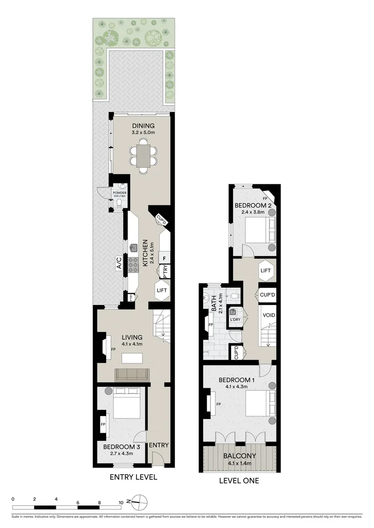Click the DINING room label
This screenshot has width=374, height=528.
pos(143,126)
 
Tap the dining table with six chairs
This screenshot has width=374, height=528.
pos(143,156)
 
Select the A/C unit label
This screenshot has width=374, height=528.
pos(119,263)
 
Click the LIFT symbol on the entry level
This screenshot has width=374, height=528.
pos(162,290)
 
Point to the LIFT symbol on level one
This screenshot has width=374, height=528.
pos(265,270)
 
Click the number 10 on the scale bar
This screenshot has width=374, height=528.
pos(120,502)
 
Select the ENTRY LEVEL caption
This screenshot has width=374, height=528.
pos(133,477)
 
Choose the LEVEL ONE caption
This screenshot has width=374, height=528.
pos(239,481)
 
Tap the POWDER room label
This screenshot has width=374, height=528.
pos(119,193)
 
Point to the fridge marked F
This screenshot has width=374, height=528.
pos(164,258)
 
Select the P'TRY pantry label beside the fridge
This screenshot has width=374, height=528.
pos(165,270)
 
